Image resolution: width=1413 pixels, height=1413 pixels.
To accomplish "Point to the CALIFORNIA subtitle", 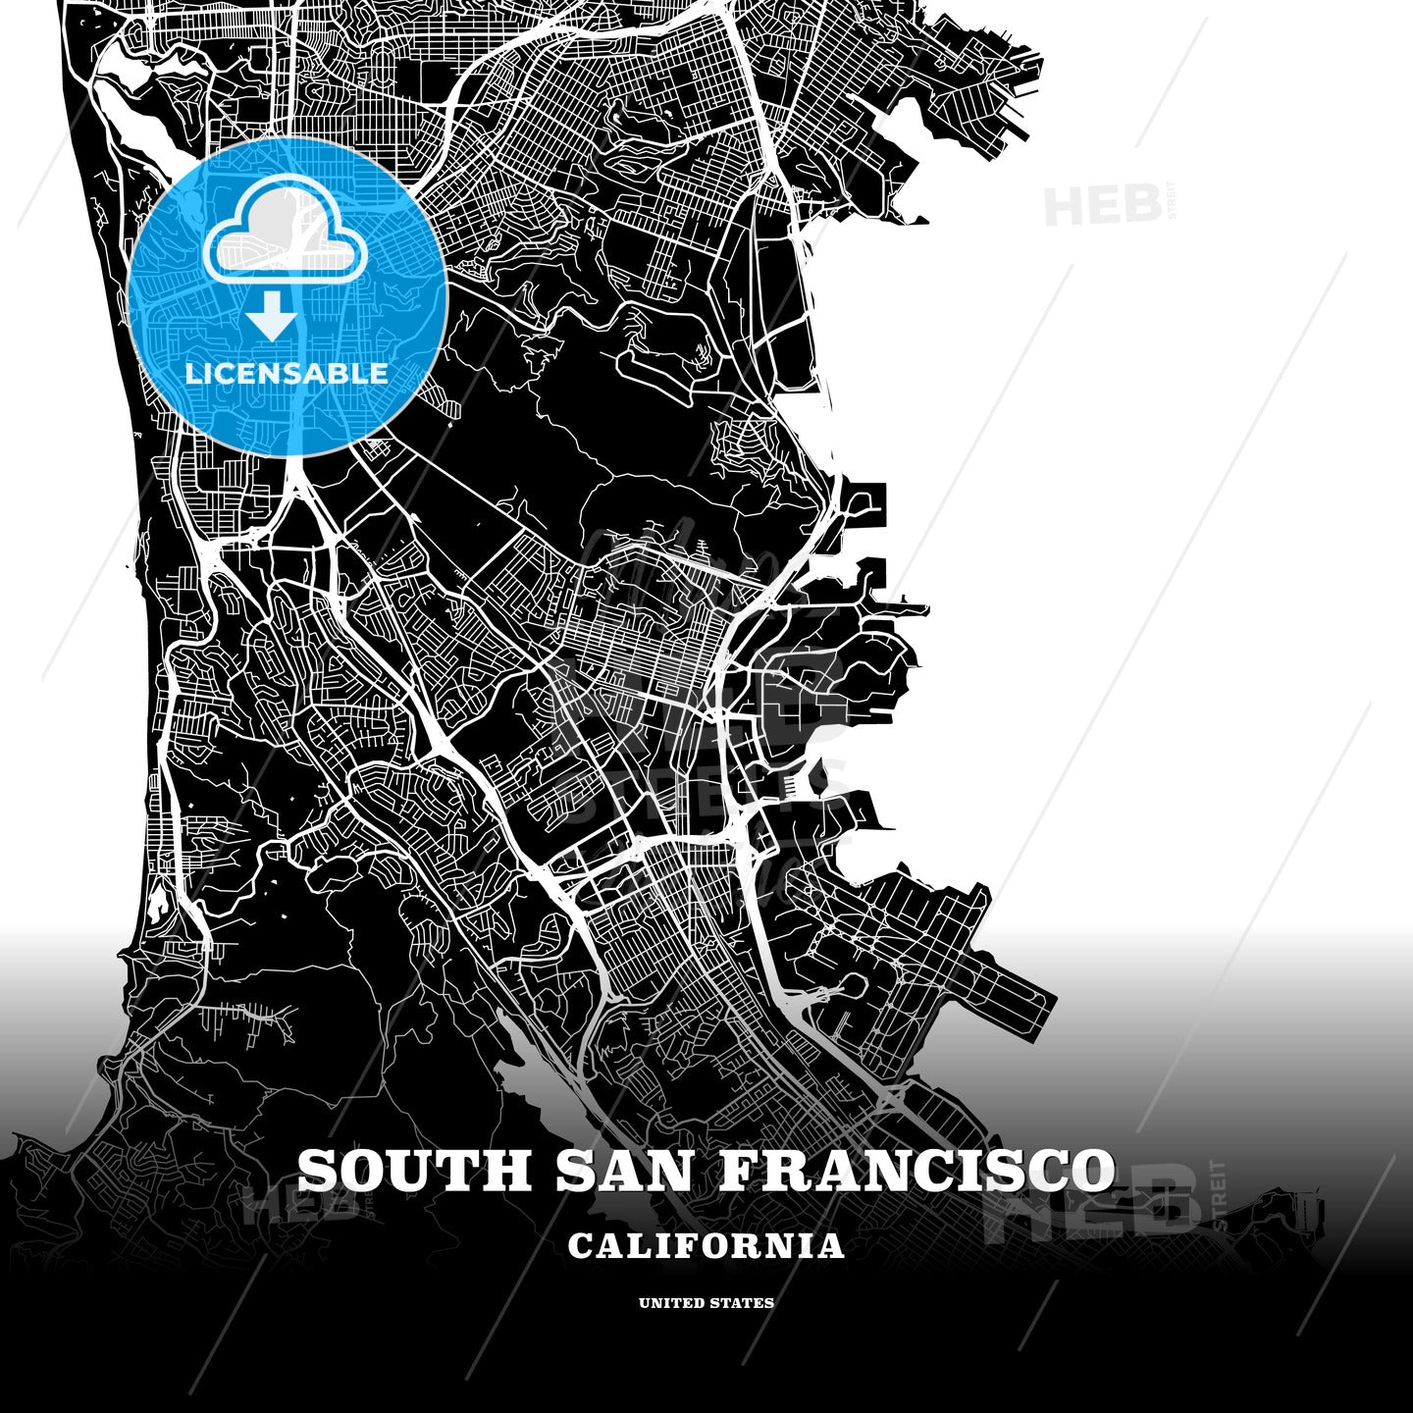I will [x=706, y=1246].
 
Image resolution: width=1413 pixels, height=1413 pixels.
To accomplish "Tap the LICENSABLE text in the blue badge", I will [x=287, y=373].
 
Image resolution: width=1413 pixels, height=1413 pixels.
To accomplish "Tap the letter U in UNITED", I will [x=644, y=1303].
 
